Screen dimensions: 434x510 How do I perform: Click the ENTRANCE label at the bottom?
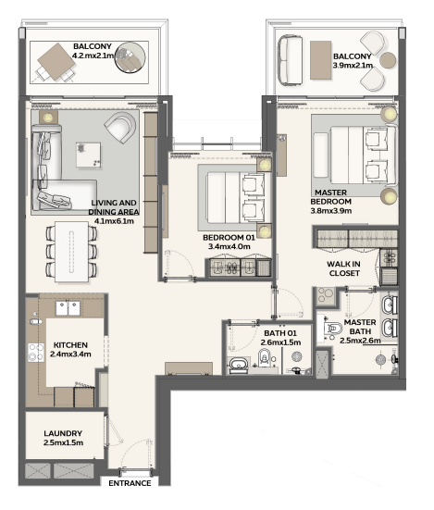[130, 483]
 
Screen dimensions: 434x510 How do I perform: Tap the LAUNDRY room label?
[63, 433]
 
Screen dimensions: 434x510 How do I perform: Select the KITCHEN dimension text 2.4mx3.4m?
[70, 355]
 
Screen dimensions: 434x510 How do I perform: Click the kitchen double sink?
[68, 308]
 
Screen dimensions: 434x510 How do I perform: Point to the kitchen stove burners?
[36, 353]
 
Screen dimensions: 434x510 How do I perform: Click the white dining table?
[71, 252]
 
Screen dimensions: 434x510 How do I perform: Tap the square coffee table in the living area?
[89, 155]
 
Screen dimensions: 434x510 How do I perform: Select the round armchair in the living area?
[120, 127]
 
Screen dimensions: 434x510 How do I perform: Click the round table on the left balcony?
[130, 58]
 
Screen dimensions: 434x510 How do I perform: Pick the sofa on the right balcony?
[290, 61]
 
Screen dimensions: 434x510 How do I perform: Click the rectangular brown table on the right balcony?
[320, 60]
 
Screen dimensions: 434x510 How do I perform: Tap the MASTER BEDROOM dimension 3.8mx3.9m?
[331, 211]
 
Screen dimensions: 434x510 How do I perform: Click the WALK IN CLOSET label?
[343, 268]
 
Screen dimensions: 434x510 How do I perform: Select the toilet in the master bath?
[332, 329]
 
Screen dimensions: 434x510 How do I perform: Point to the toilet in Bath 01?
[265, 357]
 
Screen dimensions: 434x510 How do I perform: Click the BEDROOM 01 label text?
[229, 238]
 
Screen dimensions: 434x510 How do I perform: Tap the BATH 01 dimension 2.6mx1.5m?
[280, 342]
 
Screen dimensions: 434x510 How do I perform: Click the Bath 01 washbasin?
[238, 365]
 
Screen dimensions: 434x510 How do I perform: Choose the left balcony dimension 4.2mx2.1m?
[93, 56]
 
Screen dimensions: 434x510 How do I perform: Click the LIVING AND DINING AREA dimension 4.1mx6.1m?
[114, 221]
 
